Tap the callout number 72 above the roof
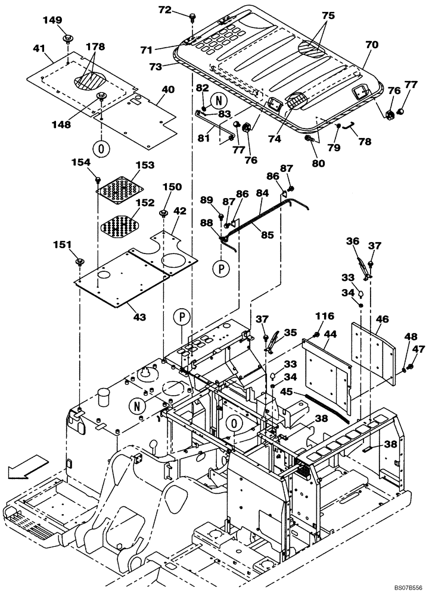click(x=164, y=10)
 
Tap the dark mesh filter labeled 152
click(x=120, y=226)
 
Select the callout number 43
click(x=139, y=318)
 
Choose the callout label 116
click(x=325, y=316)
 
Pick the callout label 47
click(x=419, y=349)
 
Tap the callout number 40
click(x=168, y=90)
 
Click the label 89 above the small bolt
click(x=206, y=200)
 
